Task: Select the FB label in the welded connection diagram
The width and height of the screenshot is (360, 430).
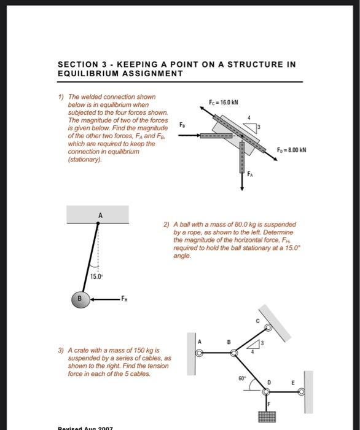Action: pyautogui.click(x=182, y=125)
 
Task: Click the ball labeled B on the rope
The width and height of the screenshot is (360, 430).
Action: pyautogui.click(x=79, y=300)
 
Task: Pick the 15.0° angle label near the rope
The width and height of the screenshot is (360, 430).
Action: pyautogui.click(x=96, y=276)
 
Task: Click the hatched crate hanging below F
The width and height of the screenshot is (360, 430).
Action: pyautogui.click(x=268, y=418)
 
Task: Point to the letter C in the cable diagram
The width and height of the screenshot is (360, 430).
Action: pyautogui.click(x=257, y=320)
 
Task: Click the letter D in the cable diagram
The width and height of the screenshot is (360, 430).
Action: pyautogui.click(x=268, y=382)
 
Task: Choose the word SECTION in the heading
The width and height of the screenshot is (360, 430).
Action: pyautogui.click(x=78, y=64)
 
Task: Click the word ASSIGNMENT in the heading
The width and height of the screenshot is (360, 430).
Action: pyautogui.click(x=149, y=73)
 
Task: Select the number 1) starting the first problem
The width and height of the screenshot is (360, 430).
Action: pyautogui.click(x=60, y=97)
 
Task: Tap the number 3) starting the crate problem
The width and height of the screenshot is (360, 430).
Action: pyautogui.click(x=60, y=350)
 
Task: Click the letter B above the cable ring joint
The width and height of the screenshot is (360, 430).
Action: pyautogui.click(x=229, y=342)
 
